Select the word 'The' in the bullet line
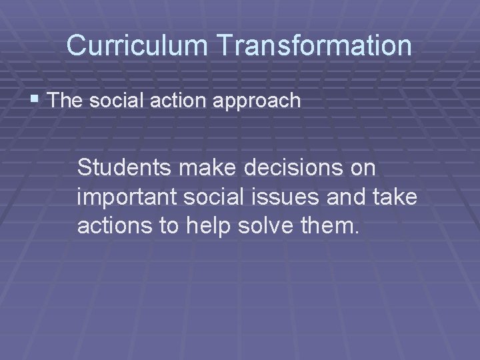tap(64, 101)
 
